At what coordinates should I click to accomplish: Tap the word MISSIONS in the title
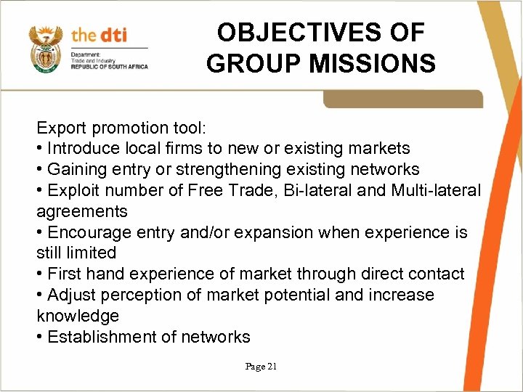pos(373,64)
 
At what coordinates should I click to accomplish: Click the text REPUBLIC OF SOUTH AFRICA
pos(109,67)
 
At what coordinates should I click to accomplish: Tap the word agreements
pos(82,212)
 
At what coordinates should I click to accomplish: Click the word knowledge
pos(78,317)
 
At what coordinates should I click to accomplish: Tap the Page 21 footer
pos(261,367)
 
